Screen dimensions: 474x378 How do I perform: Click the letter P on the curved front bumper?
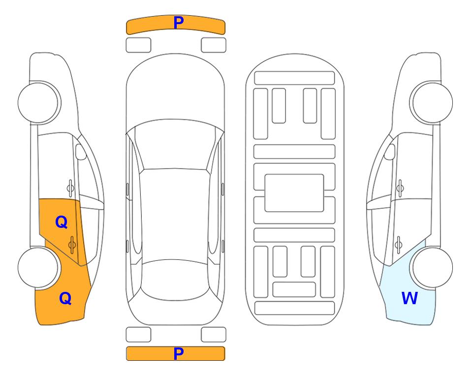tap(179, 23)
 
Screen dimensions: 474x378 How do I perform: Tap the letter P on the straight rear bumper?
tap(179, 353)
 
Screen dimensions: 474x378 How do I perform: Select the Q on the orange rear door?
tap(62, 222)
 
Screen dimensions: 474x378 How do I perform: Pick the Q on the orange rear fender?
tap(65, 298)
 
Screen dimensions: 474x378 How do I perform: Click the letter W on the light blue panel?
tap(410, 298)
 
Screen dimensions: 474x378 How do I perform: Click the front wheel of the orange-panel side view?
tap(39, 102)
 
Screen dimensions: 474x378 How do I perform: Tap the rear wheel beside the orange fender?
tap(38, 268)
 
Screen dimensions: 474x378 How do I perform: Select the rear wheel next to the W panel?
tap(432, 267)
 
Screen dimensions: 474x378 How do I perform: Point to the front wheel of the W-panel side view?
tap(432, 102)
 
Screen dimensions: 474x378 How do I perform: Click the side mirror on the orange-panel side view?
tap(81, 152)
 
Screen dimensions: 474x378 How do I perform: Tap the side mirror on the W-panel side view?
tap(390, 152)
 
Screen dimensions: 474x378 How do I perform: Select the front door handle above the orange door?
tap(70, 188)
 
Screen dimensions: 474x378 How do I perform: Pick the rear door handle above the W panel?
tap(399, 245)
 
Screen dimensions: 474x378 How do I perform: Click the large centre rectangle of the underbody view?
tap(294, 193)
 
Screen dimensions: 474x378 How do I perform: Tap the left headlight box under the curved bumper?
tap(138, 45)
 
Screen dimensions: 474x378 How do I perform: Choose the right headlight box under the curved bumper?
tap(214, 45)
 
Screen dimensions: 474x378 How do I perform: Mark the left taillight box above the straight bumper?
tap(138, 335)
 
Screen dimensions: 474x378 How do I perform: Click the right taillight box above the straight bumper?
tap(214, 335)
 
